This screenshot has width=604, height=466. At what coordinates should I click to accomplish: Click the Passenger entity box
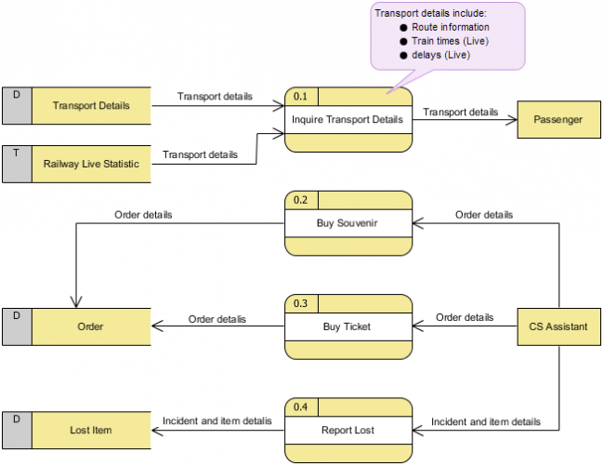tap(558, 120)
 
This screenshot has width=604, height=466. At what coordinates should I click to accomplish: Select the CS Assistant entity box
tap(558, 326)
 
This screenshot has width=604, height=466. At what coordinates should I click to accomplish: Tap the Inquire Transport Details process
tap(348, 120)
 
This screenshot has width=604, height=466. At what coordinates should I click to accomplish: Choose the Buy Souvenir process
tap(348, 223)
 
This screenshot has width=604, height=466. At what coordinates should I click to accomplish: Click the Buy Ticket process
tap(348, 326)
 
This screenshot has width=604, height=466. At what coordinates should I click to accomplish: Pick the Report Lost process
tap(348, 431)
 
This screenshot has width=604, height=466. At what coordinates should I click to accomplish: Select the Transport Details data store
tap(90, 106)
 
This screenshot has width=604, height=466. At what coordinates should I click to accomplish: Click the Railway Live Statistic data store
tap(90, 164)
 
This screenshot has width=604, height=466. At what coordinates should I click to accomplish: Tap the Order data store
tap(90, 326)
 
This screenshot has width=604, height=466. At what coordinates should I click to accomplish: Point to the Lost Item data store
tap(90, 431)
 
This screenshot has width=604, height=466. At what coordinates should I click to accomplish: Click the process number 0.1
tap(300, 95)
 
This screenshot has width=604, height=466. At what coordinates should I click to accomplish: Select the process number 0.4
tap(300, 406)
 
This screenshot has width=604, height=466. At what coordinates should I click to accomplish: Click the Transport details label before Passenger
tap(460, 113)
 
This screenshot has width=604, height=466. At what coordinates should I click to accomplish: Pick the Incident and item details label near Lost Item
tap(217, 421)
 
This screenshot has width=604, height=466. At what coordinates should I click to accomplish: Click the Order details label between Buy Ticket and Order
tap(217, 319)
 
